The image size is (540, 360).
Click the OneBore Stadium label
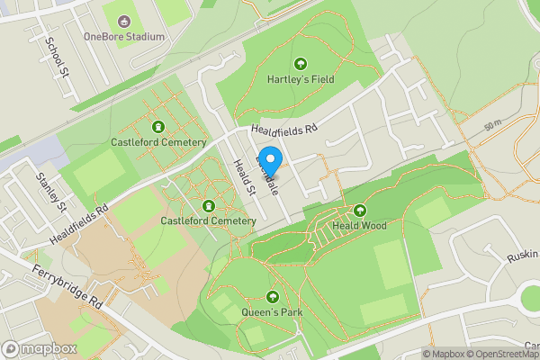point(124,37)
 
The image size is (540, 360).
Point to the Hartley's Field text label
point(301,79)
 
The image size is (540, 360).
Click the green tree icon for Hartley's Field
point(301,64)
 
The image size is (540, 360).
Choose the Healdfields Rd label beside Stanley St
point(78,221)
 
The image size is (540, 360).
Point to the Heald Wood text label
point(360,225)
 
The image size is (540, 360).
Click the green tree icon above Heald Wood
point(360,210)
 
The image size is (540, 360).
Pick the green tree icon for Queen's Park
point(273,297)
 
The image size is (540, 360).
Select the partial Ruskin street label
point(521,256)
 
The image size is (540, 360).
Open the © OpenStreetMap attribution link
point(503,354)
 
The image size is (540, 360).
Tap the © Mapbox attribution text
point(443,354)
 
